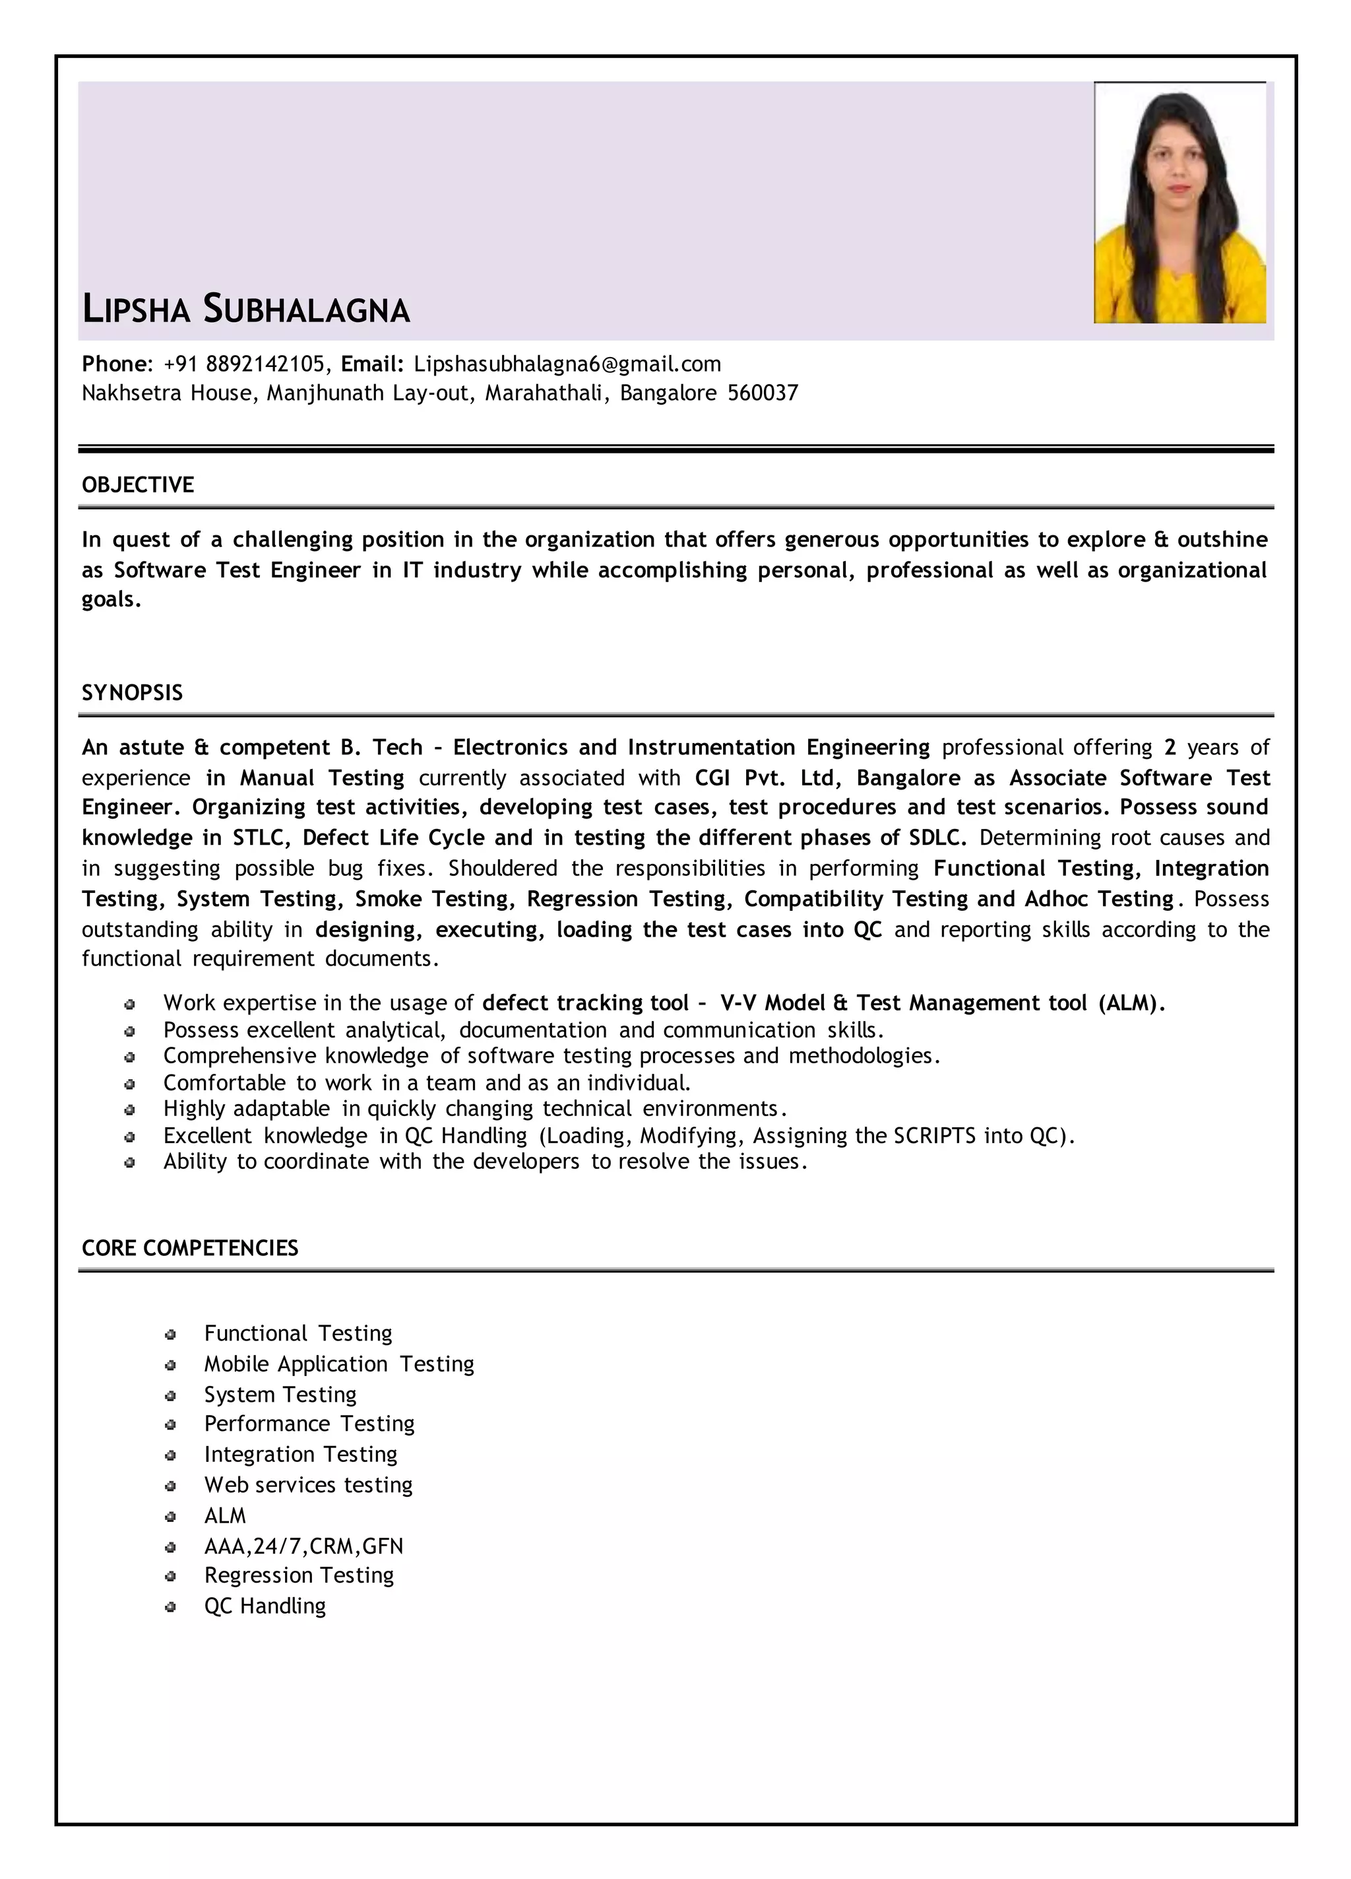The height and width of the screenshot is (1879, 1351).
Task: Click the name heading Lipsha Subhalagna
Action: pos(246,309)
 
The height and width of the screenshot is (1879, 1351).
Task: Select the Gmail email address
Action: pos(567,364)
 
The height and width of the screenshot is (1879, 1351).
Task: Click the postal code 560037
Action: pos(762,393)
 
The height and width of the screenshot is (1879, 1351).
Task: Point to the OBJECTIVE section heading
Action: pos(137,484)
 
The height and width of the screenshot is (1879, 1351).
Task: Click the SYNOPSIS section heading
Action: pos(132,692)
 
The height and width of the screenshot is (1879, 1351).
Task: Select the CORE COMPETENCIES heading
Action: pos(190,1249)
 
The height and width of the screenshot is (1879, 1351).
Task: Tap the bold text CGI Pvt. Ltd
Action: pos(765,778)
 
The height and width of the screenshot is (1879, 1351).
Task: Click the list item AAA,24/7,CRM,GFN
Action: pos(303,1546)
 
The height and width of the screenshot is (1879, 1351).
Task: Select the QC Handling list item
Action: pos(265,1606)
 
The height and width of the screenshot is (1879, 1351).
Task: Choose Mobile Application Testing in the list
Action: pos(339,1364)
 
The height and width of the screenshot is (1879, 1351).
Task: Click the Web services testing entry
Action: pos(308,1484)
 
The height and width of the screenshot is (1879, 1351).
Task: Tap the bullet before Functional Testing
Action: pos(171,1335)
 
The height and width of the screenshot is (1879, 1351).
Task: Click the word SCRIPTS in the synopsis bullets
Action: pos(934,1136)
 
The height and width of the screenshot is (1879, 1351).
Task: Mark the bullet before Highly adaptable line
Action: pos(130,1109)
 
